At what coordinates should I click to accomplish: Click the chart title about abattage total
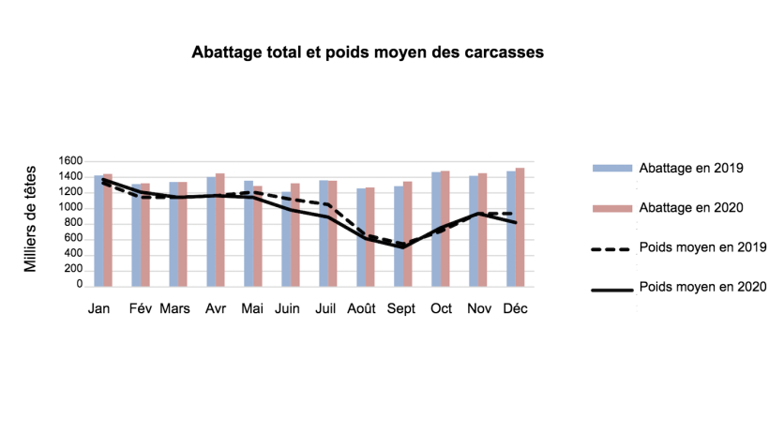tap(368, 52)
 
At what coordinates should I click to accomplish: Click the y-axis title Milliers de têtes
tap(30, 218)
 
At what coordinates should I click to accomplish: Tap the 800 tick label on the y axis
tap(74, 223)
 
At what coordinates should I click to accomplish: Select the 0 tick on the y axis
tap(82, 285)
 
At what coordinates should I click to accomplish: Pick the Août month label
tap(363, 308)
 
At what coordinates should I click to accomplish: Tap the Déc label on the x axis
tap(514, 308)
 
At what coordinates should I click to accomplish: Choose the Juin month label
tap(287, 308)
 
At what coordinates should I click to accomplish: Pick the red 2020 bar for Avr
tap(220, 230)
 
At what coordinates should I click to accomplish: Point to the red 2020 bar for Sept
tap(408, 233)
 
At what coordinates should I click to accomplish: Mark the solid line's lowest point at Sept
tap(403, 247)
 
